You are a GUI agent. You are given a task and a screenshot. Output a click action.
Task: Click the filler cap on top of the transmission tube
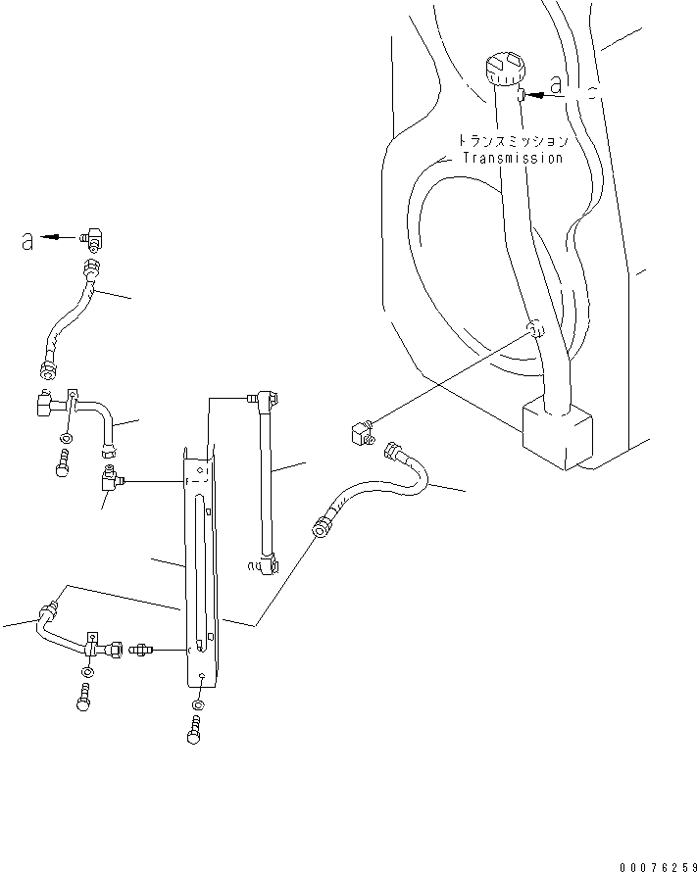coord(504,73)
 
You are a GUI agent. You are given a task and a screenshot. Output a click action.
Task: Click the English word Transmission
coord(513,158)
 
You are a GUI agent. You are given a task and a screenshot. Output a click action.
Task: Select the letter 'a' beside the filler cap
coord(557,87)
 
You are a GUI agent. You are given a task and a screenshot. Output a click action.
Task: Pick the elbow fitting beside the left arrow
coord(95,235)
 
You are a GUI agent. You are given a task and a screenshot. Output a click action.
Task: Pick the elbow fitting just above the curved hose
coord(361,431)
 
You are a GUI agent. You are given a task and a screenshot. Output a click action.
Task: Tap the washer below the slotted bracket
coord(199,705)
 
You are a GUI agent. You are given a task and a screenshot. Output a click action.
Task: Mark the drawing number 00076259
coord(656,866)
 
